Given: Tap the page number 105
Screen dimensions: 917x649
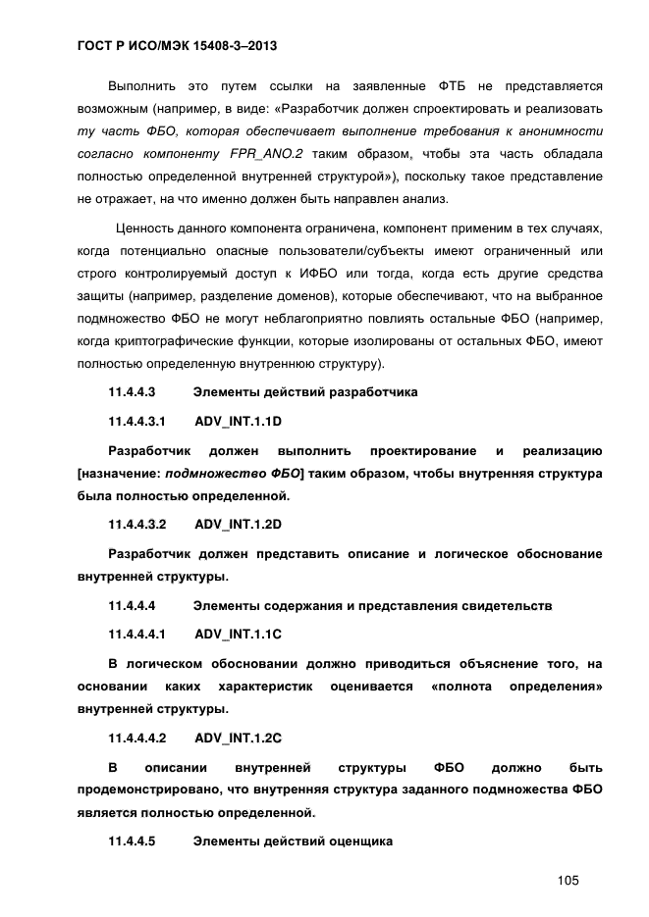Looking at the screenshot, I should click(568, 880).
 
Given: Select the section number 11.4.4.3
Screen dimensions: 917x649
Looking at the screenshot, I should click(132, 392).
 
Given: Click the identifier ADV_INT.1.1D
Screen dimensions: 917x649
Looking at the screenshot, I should click(239, 421).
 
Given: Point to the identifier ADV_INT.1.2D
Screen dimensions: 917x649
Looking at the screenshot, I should click(239, 523).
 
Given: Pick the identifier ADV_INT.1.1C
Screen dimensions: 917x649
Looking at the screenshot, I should click(239, 635).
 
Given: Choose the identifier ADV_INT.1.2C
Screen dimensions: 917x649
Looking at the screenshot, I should click(239, 737).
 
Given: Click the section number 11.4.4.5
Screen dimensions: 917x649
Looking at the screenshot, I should click(132, 841).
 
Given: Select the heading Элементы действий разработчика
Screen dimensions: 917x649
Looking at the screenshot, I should click(305, 392).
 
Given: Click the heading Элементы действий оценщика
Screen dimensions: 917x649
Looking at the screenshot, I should click(293, 841).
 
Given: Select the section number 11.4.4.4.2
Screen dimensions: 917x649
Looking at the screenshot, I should click(136, 737).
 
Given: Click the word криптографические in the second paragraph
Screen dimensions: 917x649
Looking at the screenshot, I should click(172, 341).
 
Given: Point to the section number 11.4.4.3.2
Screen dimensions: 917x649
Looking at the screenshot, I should click(136, 523).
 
